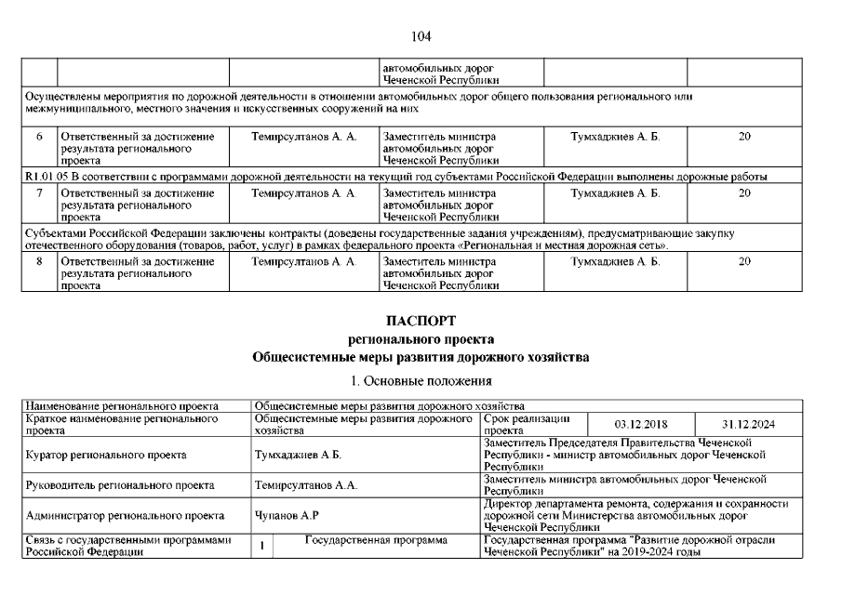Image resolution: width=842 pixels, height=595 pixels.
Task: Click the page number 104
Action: (421, 36)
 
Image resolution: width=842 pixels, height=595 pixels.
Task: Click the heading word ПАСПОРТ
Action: (421, 321)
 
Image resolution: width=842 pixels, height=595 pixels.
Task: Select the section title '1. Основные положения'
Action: (421, 381)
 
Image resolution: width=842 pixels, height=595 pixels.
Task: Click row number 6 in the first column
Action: (39, 137)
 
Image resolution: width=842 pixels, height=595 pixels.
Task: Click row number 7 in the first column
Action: (39, 193)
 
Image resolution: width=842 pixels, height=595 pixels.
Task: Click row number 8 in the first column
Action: (39, 262)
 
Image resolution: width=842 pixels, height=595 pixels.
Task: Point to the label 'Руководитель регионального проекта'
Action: (121, 485)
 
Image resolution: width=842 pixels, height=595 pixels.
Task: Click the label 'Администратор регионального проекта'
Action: (124, 515)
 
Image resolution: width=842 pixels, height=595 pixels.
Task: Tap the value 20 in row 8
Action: (743, 262)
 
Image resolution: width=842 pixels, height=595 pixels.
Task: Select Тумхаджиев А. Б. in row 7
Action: (614, 193)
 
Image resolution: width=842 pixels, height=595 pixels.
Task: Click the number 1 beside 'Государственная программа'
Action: (264, 546)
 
